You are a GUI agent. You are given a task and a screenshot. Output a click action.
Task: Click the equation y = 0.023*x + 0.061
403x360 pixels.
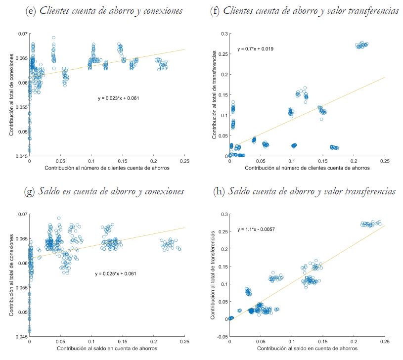[x=119, y=98]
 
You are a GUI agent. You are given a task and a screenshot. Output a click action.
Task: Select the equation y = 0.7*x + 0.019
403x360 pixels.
[x=256, y=49]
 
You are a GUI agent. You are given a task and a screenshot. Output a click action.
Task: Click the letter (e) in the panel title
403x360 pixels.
[x=31, y=11]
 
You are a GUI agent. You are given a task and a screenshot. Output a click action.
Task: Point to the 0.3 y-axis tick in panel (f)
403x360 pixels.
[x=224, y=34]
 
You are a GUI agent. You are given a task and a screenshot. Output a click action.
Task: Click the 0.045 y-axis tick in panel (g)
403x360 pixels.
[x=22, y=337]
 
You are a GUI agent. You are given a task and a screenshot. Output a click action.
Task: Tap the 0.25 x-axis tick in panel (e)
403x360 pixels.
[x=185, y=161]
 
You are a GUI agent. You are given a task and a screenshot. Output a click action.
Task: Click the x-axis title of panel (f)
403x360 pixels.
[x=307, y=168]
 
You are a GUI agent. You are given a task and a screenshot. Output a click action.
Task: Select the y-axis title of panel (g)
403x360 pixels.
[x=10, y=275]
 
